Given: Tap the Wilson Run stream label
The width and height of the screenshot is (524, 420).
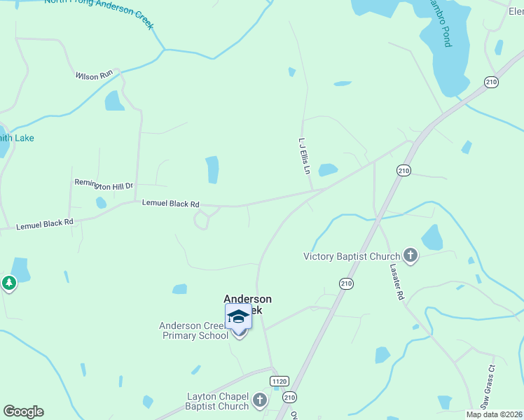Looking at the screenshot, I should coord(93,75).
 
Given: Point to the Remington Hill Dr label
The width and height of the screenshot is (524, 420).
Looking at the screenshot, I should coord(104,185).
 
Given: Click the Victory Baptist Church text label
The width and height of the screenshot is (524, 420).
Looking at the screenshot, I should coord(352,257).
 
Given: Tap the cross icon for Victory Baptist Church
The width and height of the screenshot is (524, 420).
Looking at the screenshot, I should coord(410,256).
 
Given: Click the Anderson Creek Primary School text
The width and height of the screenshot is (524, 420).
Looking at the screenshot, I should coord(194,330).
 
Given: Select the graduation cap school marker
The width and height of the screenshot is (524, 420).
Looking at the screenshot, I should coord(238,318).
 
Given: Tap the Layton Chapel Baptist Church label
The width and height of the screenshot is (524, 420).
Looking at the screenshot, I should coord(217,401).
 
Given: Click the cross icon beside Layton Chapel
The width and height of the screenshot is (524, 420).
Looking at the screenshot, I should coord(259,400).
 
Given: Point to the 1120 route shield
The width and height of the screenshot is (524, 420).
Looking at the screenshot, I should coord(279,381).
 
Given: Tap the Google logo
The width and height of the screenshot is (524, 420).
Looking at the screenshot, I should coord(23,412).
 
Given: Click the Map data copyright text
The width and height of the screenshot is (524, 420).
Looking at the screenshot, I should coord(494,414).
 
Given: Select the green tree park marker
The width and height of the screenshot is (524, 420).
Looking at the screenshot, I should coord(8,283).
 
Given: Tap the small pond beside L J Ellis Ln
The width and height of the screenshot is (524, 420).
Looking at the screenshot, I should coord(327,169).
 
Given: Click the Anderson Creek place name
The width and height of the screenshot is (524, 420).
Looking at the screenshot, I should coord(247,299).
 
